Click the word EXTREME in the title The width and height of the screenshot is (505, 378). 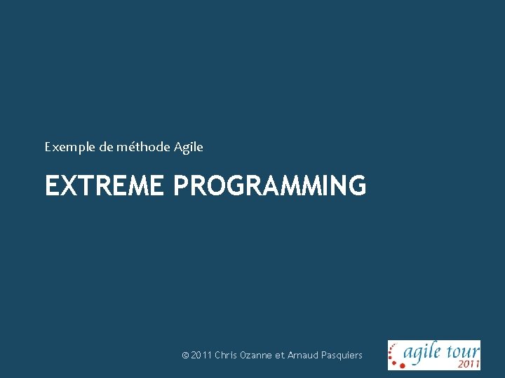coord(105,186)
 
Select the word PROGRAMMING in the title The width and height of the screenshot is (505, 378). coord(269,186)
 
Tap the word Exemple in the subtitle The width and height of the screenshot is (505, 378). coord(67,147)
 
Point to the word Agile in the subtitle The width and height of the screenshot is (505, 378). coord(188,147)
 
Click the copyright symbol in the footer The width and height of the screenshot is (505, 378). coord(185,356)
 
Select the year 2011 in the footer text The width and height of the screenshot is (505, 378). coord(201,356)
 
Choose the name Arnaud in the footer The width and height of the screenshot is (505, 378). coord(303,356)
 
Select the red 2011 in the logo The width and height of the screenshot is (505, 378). coord(468,363)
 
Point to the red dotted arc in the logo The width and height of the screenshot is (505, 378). coord(395,355)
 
